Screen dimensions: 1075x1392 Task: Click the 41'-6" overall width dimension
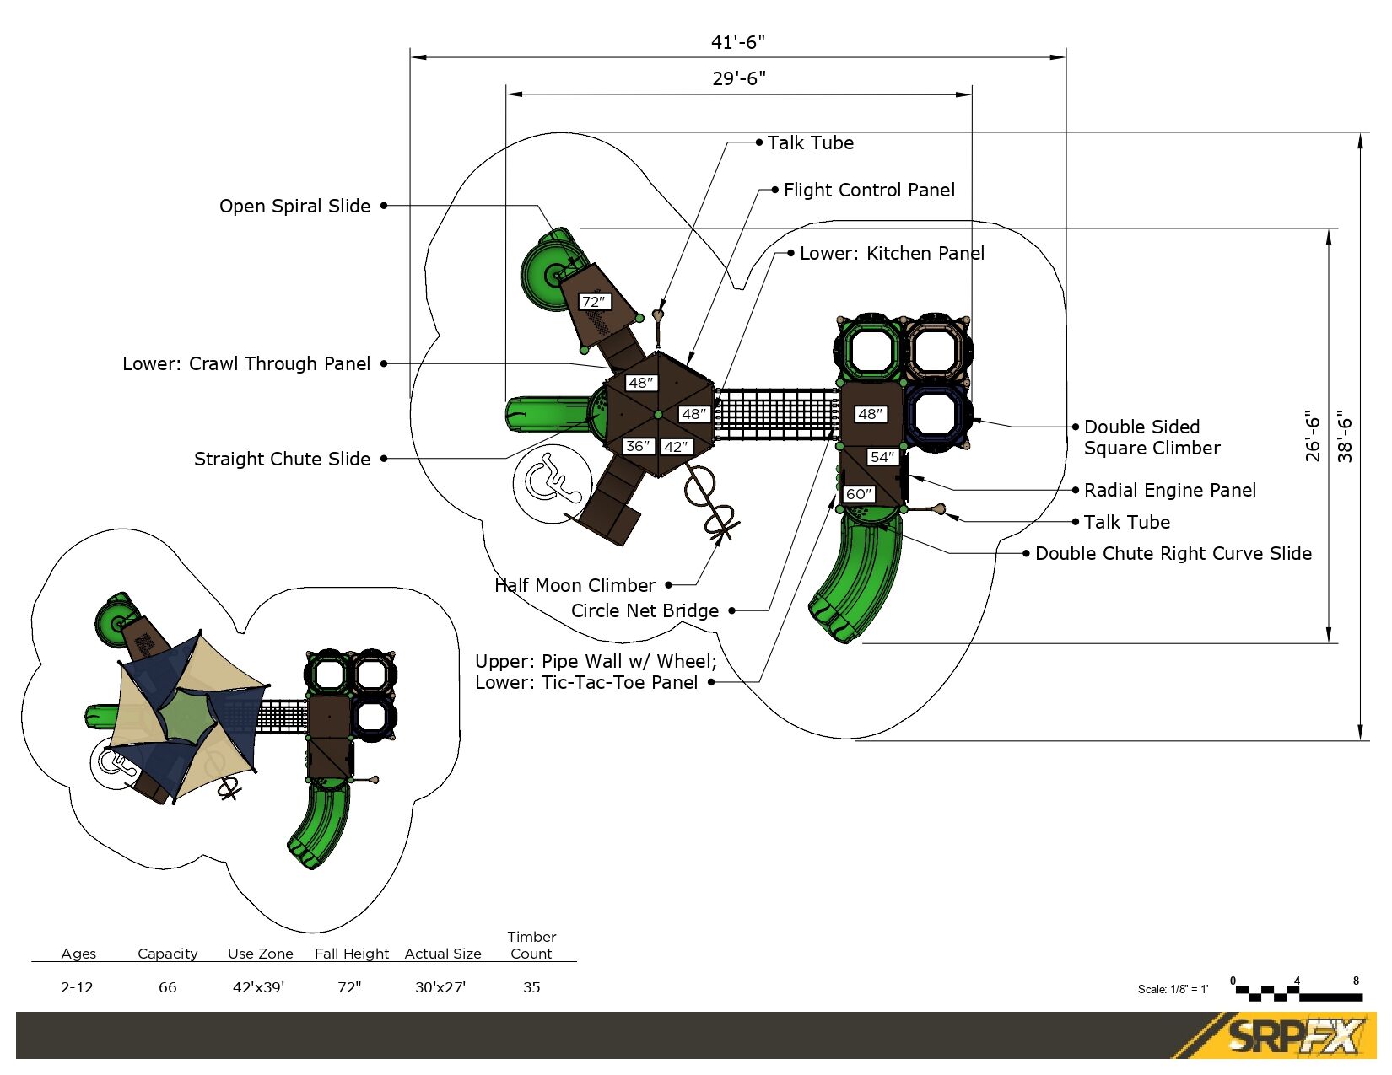point(738,42)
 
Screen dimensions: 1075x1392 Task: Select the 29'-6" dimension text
point(739,78)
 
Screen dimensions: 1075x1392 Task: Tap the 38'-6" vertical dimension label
point(1345,436)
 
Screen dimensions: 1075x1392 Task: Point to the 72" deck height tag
point(594,302)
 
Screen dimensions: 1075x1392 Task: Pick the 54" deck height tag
point(882,457)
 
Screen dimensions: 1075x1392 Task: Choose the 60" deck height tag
point(859,494)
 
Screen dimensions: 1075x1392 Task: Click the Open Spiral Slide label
point(294,207)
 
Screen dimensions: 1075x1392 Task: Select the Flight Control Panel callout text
point(869,191)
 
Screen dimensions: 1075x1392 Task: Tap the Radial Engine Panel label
point(1169,491)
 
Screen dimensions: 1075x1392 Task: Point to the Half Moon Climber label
point(575,586)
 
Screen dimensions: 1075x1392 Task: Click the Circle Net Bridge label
point(645,611)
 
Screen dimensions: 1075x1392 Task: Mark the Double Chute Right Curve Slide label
point(1173,554)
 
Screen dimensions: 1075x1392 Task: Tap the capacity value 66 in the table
point(168,987)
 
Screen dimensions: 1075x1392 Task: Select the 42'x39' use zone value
point(258,987)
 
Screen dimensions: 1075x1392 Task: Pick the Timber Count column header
point(531,945)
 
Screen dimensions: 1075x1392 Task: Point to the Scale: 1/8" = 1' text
point(1173,990)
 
